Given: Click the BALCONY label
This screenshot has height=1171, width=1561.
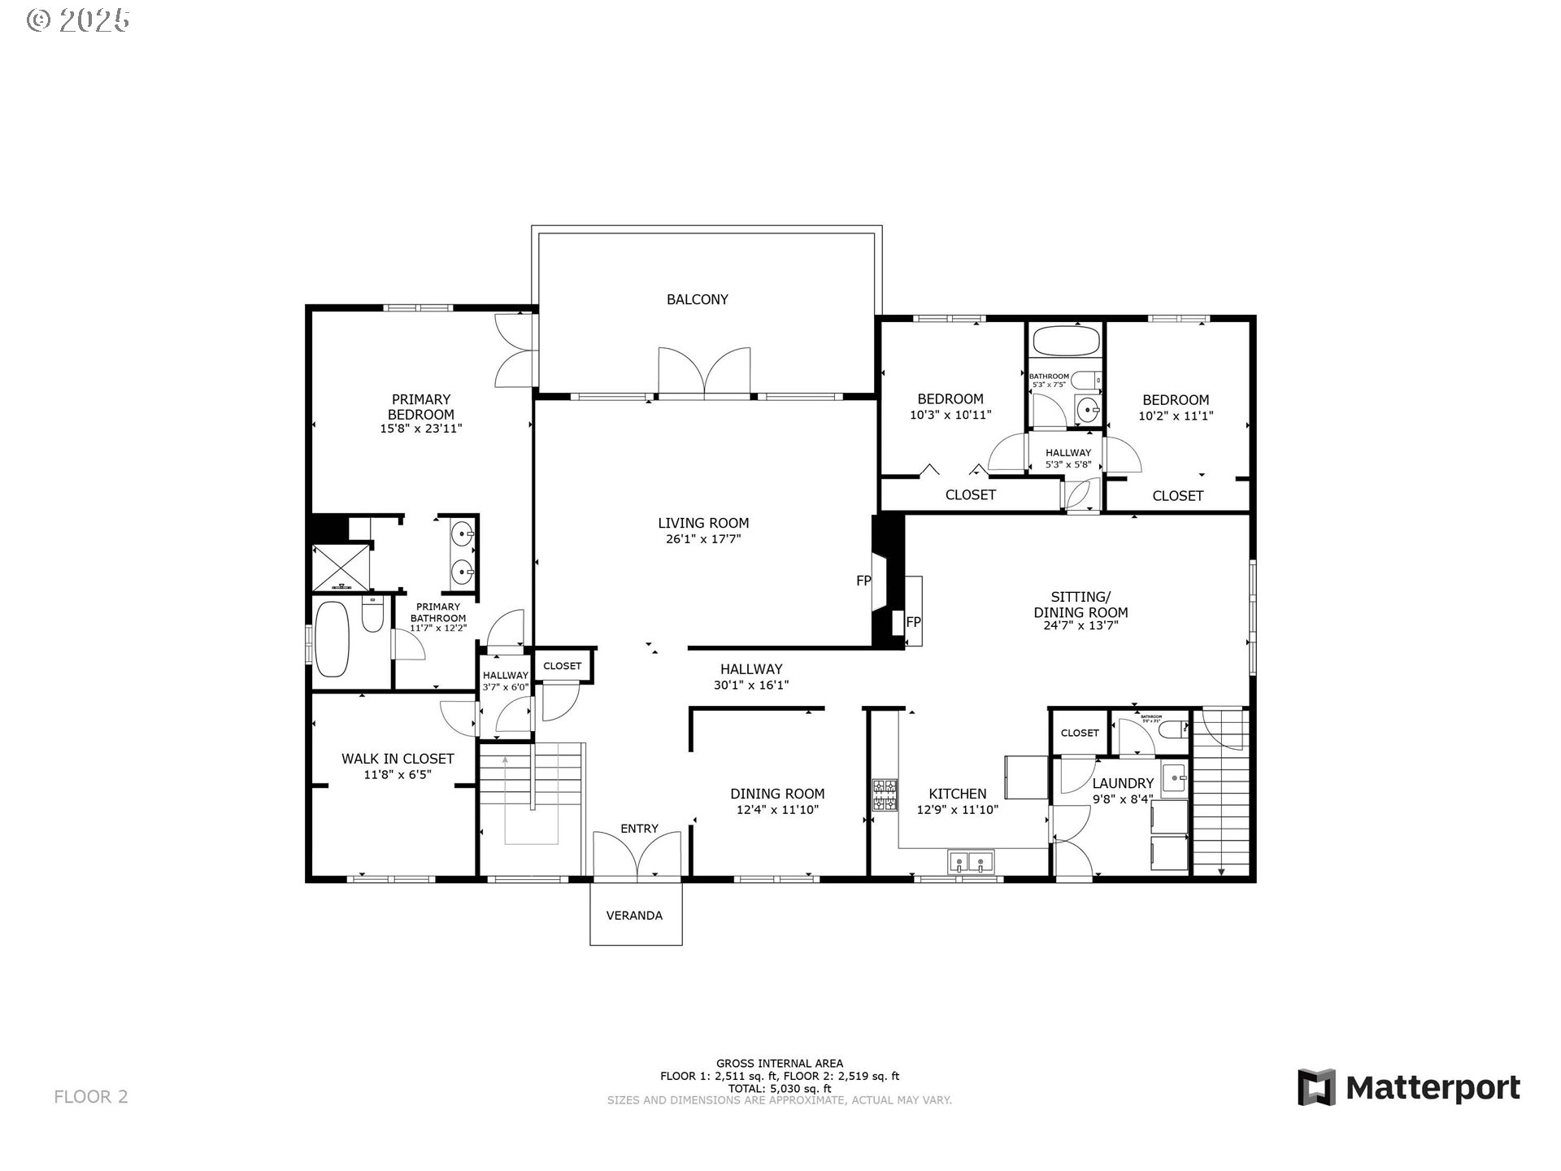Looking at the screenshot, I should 697,299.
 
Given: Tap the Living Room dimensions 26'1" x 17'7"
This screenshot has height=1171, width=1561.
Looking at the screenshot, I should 703,539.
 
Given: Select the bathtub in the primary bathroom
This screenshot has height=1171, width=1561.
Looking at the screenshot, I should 332,639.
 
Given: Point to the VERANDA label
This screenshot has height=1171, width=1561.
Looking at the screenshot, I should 634,916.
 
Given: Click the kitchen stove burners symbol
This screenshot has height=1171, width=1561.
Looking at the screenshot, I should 885,795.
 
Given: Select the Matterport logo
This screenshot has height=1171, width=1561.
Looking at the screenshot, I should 1408,1087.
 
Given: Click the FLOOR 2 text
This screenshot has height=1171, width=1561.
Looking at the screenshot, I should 91,1097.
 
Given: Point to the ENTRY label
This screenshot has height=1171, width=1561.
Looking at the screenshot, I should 639,829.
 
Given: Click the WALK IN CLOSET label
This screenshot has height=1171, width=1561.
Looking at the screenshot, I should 398,759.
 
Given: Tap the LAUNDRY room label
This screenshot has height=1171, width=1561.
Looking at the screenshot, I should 1123,783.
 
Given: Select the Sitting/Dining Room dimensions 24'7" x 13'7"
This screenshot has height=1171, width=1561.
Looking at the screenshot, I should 1081,626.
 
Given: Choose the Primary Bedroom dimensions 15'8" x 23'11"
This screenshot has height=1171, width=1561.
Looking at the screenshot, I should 421,429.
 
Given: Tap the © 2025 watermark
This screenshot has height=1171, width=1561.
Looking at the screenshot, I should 78,20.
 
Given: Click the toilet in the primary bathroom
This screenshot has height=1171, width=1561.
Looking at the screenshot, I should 372,615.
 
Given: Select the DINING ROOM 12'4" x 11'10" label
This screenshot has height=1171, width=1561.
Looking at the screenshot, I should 777,801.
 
